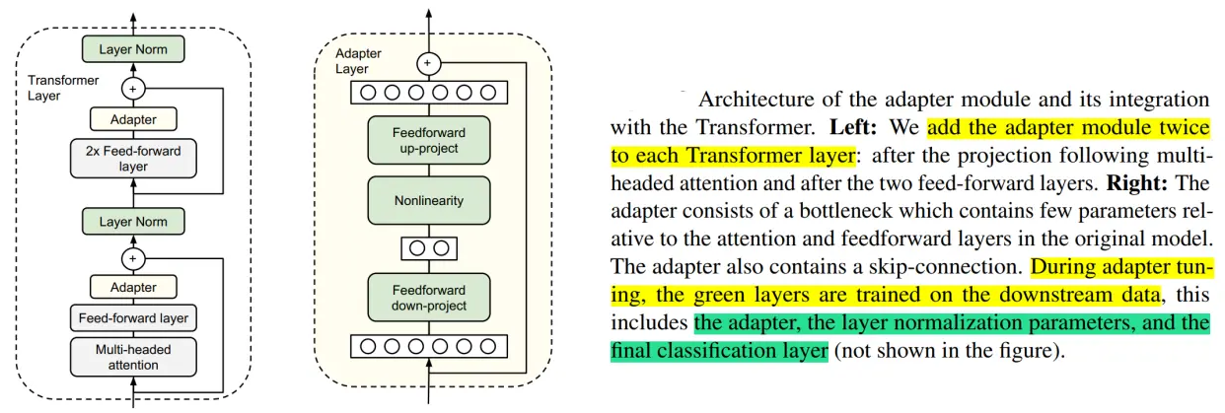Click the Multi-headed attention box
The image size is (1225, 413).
pyautogui.click(x=132, y=357)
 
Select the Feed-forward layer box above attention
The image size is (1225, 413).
pyautogui.click(x=132, y=318)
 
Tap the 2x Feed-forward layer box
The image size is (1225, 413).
pyautogui.click(x=133, y=159)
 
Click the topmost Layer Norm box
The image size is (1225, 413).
pyautogui.click(x=133, y=47)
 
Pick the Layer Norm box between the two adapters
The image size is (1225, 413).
pyautogui.click(x=133, y=223)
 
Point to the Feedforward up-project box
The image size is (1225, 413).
pyautogui.click(x=428, y=140)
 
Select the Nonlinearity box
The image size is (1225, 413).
pyautogui.click(x=428, y=201)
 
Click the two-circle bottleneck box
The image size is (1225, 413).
pyautogui.click(x=428, y=248)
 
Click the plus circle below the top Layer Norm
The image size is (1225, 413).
pyautogui.click(x=133, y=88)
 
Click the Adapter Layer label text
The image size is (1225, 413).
pyautogui.click(x=353, y=61)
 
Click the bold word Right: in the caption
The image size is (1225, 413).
pyautogui.click(x=1132, y=183)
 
